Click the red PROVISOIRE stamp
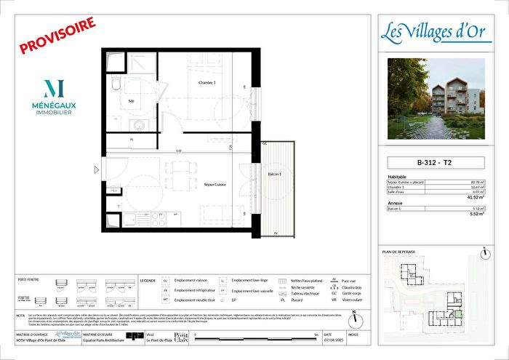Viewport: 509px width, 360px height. (x=57, y=36)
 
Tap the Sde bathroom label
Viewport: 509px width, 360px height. (x=132, y=102)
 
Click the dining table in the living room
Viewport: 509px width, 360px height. (x=179, y=175)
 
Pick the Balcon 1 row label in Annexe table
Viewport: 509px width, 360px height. (x=396, y=209)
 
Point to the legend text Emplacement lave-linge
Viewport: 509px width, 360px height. (x=251, y=279)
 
